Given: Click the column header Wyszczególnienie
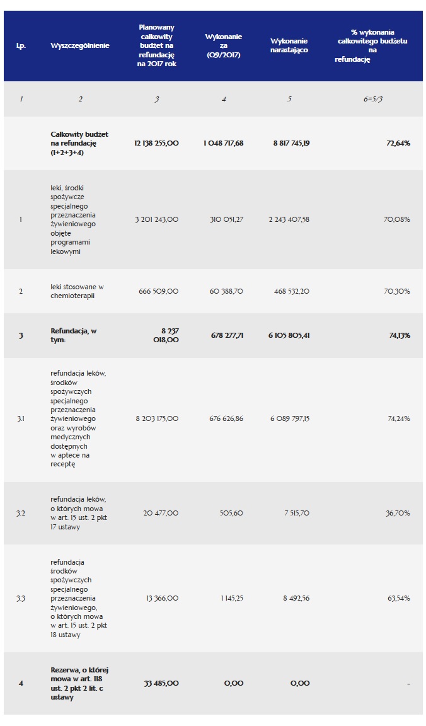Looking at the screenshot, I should click(80, 45).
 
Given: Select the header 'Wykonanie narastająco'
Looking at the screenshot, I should click(289, 45).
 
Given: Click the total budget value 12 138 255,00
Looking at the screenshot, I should click(156, 143).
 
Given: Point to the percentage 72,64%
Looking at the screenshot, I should click(398, 143).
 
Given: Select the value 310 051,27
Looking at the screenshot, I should click(224, 219).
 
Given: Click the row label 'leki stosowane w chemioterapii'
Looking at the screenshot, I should click(78, 291).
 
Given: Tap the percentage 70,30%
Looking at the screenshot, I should click(397, 291).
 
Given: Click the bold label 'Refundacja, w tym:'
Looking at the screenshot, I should click(73, 335).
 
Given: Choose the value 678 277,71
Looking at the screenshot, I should click(223, 335).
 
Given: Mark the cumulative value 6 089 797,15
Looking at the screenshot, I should click(290, 418).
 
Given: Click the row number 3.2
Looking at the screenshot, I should click(21, 513).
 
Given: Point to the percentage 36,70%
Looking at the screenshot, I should click(397, 513).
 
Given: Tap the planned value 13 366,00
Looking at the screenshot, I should click(162, 598).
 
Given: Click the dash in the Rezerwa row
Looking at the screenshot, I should click(408, 684).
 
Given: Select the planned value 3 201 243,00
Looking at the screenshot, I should click(156, 219).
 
